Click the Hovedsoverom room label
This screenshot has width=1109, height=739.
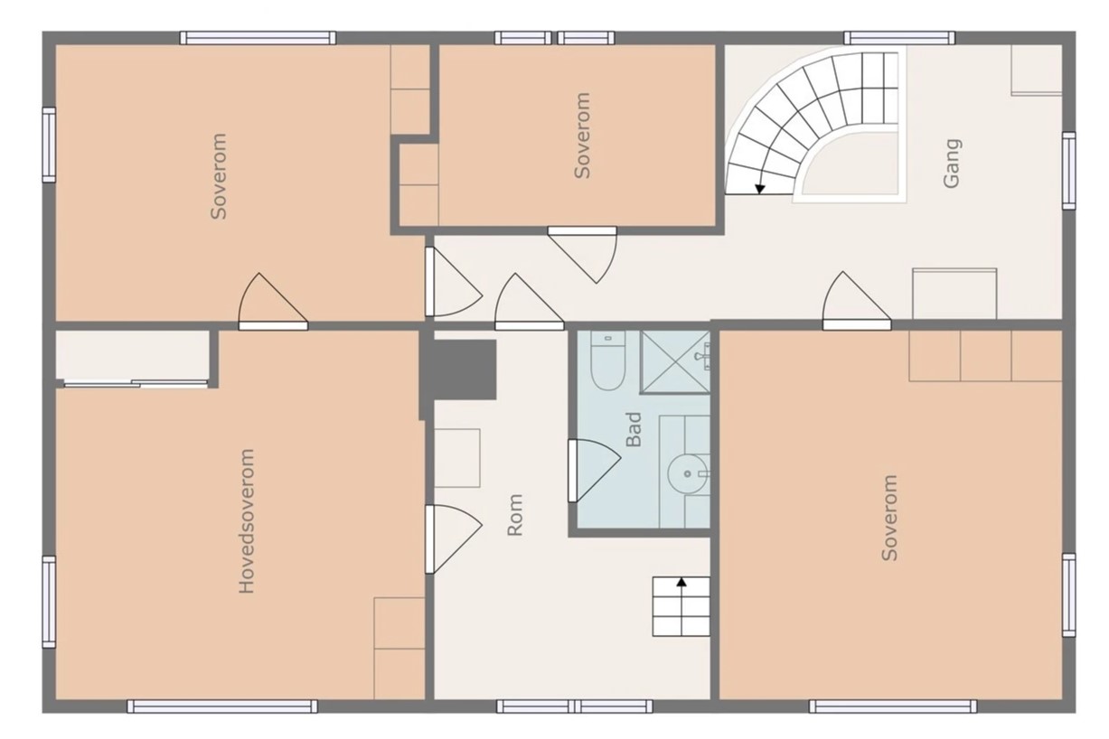pos(247,521)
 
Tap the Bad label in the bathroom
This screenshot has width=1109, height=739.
pos(634,429)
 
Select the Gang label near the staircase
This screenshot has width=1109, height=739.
pos(952,164)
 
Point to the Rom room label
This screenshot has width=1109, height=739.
pos(515,515)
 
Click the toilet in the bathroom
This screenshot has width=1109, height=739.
pos(608,360)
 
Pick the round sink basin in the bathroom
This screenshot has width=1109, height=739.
pos(687,473)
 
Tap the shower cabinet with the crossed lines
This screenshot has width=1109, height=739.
pos(675,362)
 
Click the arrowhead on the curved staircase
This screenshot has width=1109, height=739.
pos(759,189)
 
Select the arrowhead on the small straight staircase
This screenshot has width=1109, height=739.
pos(681,582)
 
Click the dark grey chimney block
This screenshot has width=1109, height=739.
pos(458,369)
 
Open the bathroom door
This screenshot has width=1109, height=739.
pos(594,471)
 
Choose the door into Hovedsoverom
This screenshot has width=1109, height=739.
pos(453,539)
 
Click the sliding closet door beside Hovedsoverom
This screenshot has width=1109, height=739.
pos(136,384)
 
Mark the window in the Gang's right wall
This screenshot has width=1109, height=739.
pos(1069,171)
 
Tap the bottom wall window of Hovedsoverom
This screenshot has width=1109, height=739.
pos(222,706)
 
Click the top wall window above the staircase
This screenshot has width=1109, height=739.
pos(899,38)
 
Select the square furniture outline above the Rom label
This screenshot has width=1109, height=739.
pos(457,458)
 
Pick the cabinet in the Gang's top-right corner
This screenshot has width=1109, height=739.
pos(1036,70)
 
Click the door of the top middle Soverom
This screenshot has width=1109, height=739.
pos(582,255)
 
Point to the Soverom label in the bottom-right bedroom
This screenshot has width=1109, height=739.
pos(889,518)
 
